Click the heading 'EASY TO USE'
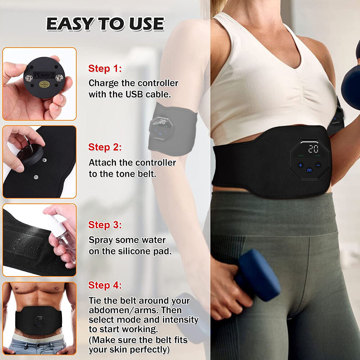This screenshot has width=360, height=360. tap(105, 24)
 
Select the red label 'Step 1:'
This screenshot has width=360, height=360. tap(105, 69)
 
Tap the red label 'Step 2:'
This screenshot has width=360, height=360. tap(105, 147)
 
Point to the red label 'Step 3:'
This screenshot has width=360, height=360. tap(105, 225)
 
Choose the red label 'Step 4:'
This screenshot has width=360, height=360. tap(105, 285)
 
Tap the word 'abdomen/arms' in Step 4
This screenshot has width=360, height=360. tap(117, 310)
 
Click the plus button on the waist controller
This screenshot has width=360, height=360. tap(300, 165)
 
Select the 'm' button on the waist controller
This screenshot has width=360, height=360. tap(309, 170)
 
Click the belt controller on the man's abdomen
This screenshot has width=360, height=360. tap(40, 321)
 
